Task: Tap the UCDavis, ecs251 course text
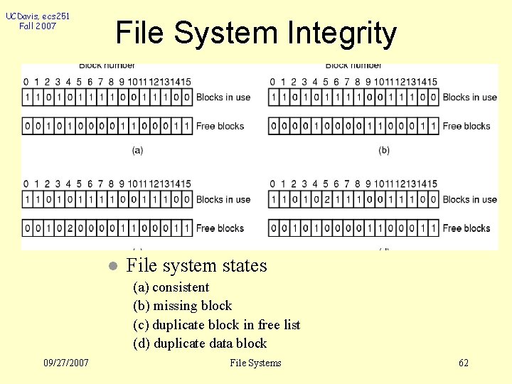point(37,16)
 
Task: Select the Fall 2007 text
point(37,26)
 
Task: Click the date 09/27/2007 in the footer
point(65,363)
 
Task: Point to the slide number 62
point(464,363)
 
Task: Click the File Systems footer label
point(255,363)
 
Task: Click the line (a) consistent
point(171,287)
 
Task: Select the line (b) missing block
point(182,306)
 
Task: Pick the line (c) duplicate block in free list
point(216,325)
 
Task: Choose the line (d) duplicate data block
point(200,343)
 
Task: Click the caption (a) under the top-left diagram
point(137,150)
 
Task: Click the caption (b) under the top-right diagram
point(384,150)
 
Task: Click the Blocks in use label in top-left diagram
point(223,97)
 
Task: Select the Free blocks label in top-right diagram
point(467,126)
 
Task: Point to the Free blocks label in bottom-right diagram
point(467,228)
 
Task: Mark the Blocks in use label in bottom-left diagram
point(223,200)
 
